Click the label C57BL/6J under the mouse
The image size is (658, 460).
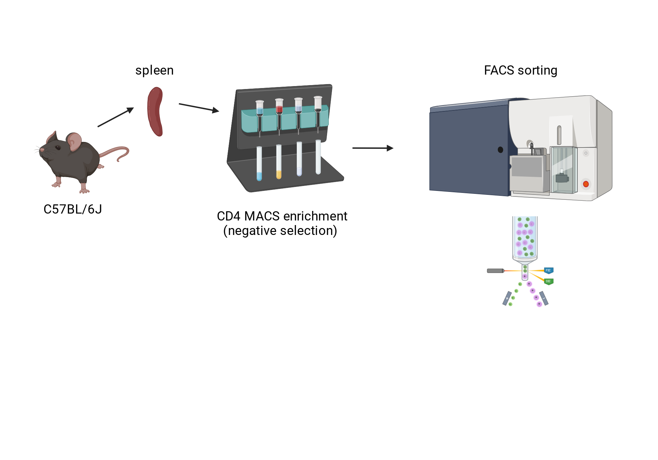pyautogui.click(x=73, y=209)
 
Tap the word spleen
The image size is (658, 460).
pyautogui.click(x=154, y=71)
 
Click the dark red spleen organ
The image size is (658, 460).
pyautogui.click(x=155, y=112)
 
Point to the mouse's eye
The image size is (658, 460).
pyautogui.click(x=58, y=148)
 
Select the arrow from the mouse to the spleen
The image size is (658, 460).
pyautogui.click(x=116, y=117)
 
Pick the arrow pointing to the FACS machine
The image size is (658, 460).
pyautogui.click(x=373, y=148)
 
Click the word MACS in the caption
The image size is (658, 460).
pyautogui.click(x=262, y=216)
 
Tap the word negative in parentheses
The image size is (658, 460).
pyautogui.click(x=253, y=231)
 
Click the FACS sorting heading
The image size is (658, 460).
pyautogui.click(x=520, y=70)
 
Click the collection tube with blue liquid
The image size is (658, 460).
pyautogui.click(x=259, y=164)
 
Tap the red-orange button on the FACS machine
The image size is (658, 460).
pyautogui.click(x=586, y=184)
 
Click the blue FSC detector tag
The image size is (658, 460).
pyautogui.click(x=548, y=270)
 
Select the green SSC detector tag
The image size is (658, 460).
pyautogui.click(x=548, y=281)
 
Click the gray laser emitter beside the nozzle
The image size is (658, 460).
pyautogui.click(x=495, y=271)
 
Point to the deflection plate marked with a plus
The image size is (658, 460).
pyautogui.click(x=507, y=298)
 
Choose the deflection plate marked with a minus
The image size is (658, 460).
pyautogui.click(x=544, y=298)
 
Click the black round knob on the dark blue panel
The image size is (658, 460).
pyautogui.click(x=500, y=150)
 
